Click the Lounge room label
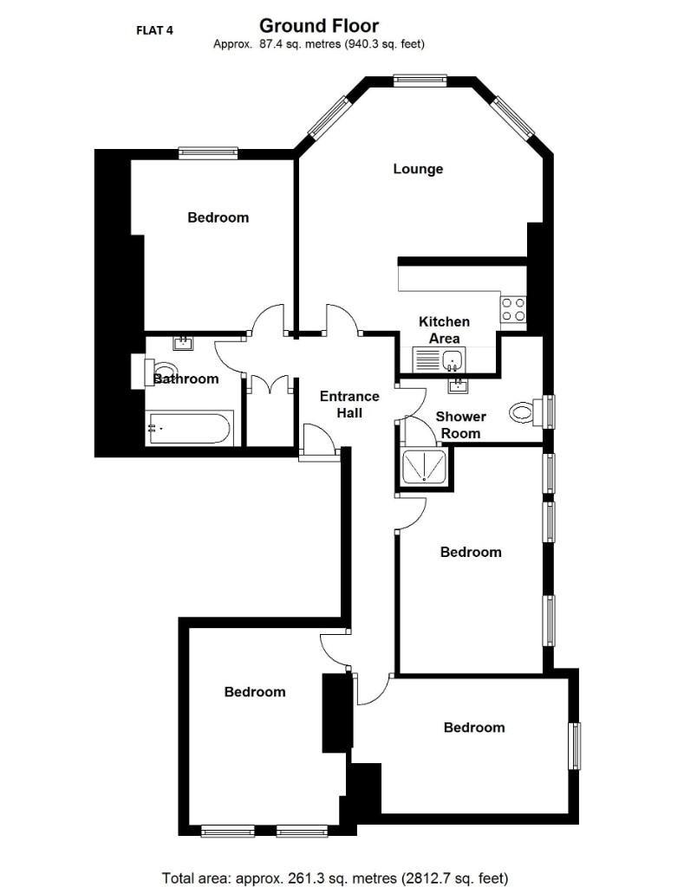click(418, 169)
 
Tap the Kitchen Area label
click(444, 329)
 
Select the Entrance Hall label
click(349, 405)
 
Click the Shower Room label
click(460, 424)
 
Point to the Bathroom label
click(186, 379)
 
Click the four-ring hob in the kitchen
click(513, 309)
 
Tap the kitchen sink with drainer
click(439, 359)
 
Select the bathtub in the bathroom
click(189, 428)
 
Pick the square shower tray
click(425, 468)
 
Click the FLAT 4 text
click(155, 30)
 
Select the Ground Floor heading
click(319, 26)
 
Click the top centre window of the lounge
click(420, 81)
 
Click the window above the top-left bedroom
click(208, 153)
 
